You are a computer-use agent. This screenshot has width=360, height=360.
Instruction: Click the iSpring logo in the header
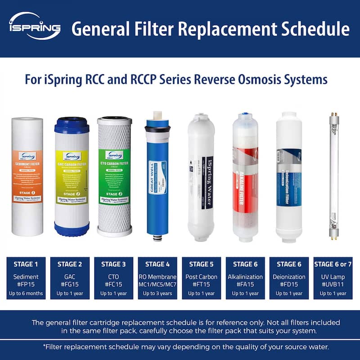(x=34, y=27)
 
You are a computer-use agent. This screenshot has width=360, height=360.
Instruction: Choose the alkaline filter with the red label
(x=246, y=180)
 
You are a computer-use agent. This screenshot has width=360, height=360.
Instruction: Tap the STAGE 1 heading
(x=26, y=264)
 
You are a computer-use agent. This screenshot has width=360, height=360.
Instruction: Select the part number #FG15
(x=70, y=285)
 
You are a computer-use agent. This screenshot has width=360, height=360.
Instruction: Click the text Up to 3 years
(x=157, y=293)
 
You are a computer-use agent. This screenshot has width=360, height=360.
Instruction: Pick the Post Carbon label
(x=201, y=277)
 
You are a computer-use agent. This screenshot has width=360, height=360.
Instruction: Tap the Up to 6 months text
(x=26, y=293)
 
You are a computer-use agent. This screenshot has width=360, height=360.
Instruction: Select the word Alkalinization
(x=246, y=277)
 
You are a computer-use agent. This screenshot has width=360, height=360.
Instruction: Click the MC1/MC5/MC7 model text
(x=157, y=285)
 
